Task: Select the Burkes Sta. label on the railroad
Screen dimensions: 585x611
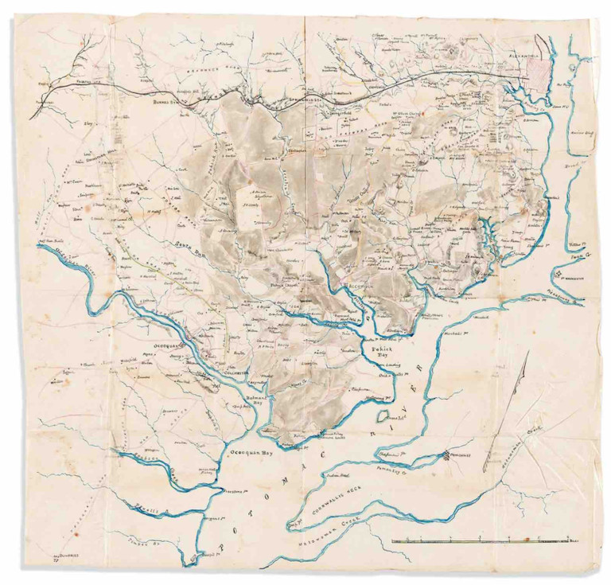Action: [x=176, y=102]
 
